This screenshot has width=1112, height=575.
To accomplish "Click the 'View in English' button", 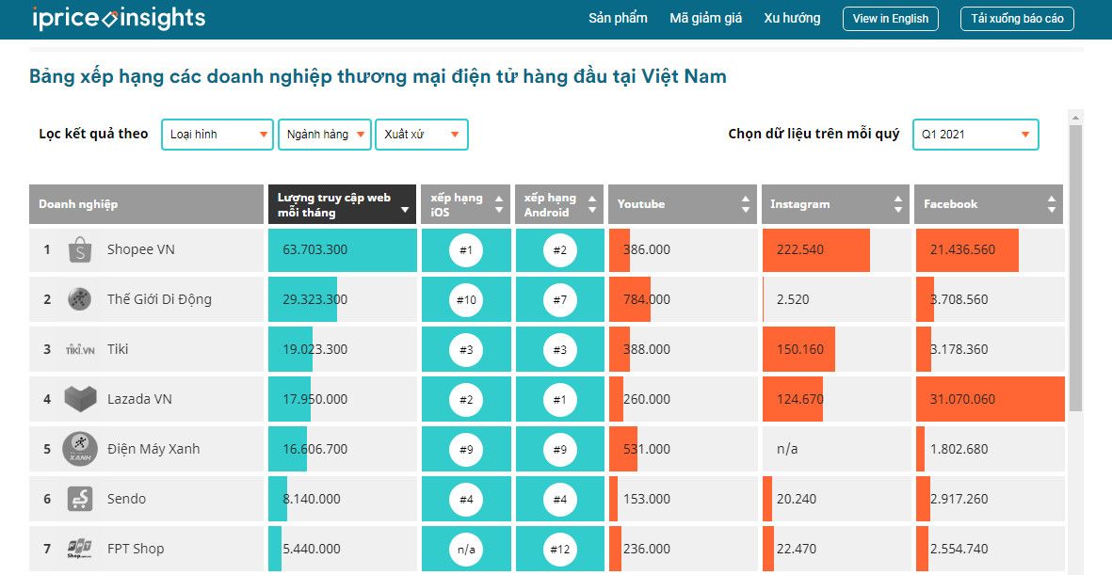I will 890,19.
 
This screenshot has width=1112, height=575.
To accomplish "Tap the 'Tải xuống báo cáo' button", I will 1017,19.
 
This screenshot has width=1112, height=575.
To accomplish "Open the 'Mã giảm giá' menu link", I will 705,18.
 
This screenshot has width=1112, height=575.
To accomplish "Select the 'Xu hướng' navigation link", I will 792,18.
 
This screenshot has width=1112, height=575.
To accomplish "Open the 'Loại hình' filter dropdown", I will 218,135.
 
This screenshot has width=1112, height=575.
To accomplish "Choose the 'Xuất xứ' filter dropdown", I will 421,135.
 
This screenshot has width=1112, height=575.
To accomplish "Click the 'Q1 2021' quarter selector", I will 975,135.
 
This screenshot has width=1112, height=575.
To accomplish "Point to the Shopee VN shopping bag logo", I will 79,250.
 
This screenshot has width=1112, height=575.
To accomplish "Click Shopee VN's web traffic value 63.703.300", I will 315,249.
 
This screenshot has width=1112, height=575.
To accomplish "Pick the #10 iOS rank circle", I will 466,299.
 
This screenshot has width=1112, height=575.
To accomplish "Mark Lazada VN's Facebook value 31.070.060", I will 962,399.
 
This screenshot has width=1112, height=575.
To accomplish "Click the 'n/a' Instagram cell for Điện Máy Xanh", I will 787,449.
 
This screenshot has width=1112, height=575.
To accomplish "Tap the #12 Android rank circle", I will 560,549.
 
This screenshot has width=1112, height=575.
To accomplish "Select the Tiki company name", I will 118,349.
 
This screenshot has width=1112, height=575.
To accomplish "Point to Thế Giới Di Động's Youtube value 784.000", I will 647,299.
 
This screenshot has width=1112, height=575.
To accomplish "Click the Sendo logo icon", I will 79,499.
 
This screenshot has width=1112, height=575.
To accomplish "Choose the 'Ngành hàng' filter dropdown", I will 324,135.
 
